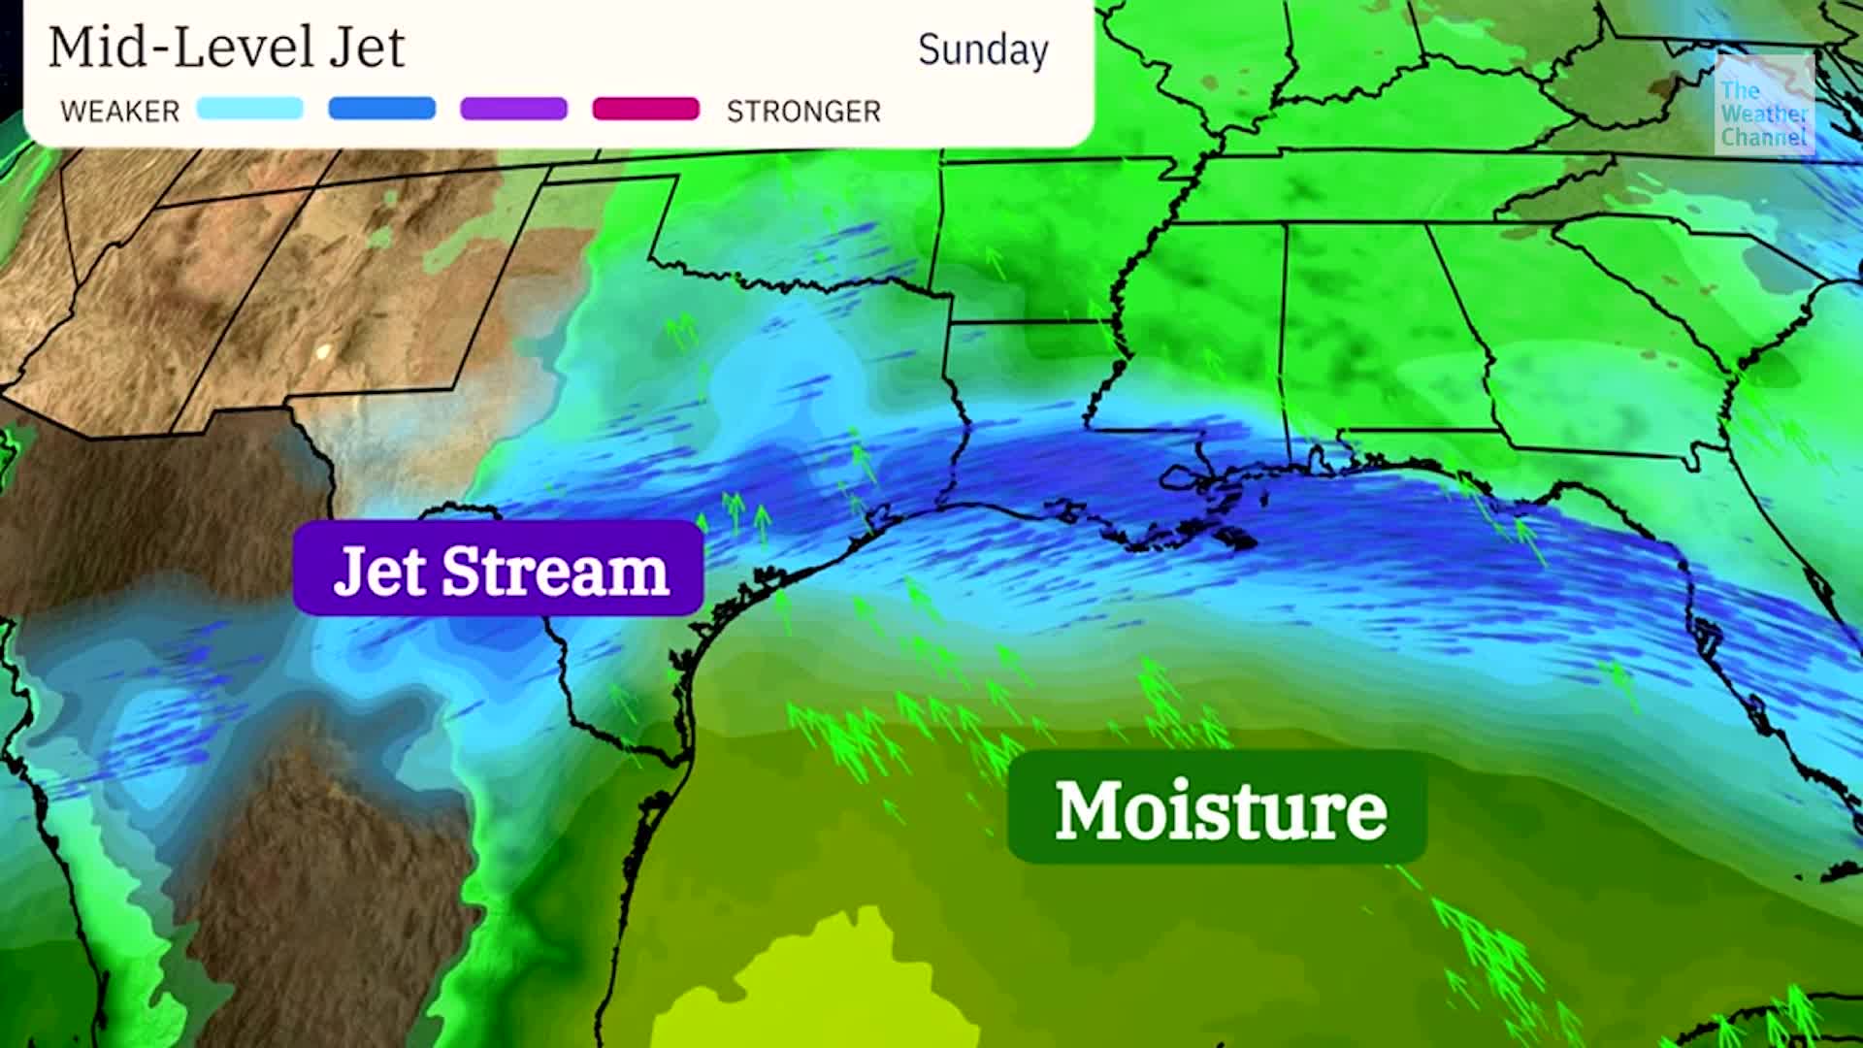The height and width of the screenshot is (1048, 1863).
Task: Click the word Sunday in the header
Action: point(983,50)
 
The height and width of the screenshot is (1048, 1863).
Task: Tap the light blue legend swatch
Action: point(249,109)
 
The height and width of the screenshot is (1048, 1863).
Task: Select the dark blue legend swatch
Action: point(381,109)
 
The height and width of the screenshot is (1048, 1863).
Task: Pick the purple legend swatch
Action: point(513,109)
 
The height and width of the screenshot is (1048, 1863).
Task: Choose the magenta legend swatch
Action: point(645,109)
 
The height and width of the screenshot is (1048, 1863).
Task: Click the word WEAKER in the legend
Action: point(119,112)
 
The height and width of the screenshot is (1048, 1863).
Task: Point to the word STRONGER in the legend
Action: point(803,112)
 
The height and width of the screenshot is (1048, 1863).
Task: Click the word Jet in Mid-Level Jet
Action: point(366,48)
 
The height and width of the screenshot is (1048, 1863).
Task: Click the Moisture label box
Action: point(1218,808)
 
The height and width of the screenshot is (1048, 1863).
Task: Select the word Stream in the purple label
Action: point(555,571)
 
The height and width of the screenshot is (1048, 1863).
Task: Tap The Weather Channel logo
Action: point(1763,105)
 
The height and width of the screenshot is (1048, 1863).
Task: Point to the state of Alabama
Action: point(1378,330)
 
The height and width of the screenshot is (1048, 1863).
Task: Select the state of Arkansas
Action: point(1048,233)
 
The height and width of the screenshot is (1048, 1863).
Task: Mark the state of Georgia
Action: point(1591,349)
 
